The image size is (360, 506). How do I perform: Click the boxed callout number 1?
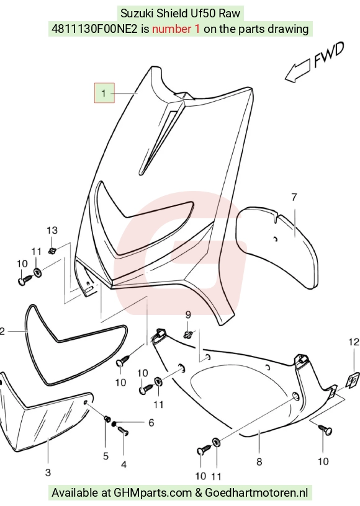[104, 93]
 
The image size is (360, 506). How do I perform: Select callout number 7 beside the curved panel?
[294, 197]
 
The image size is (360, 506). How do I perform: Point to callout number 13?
[52, 230]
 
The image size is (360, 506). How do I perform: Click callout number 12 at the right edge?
[354, 342]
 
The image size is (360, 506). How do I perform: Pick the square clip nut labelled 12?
[353, 379]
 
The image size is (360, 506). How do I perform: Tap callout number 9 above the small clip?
[188, 314]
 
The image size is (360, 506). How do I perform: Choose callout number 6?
[151, 423]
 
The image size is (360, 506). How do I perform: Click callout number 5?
[106, 456]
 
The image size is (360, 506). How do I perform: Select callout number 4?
[124, 464]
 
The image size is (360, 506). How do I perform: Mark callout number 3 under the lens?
[48, 473]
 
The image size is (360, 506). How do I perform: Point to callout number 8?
[259, 462]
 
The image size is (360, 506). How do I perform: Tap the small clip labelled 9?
[188, 334]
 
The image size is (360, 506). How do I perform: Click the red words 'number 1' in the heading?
[176, 29]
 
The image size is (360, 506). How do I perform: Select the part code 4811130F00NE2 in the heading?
[94, 29]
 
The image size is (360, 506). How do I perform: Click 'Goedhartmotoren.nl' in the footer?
[256, 493]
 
